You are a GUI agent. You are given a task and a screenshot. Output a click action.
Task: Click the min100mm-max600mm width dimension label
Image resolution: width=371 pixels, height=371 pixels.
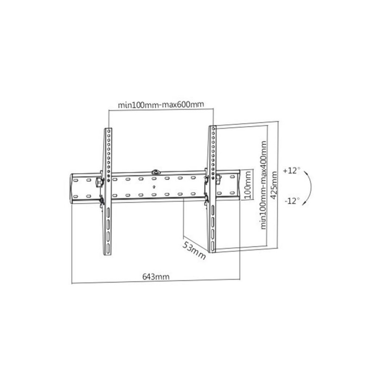(161, 104)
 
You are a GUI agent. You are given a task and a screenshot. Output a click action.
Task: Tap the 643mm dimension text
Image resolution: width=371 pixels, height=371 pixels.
(156, 276)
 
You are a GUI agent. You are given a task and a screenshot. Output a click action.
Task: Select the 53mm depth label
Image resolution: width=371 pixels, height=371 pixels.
(194, 250)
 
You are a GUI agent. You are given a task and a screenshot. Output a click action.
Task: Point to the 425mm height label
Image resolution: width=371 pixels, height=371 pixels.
(274, 185)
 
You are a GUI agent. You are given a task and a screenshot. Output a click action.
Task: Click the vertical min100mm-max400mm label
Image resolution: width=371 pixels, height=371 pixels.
(263, 185)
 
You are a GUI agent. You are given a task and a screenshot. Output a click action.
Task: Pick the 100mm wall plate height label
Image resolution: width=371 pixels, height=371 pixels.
(248, 185)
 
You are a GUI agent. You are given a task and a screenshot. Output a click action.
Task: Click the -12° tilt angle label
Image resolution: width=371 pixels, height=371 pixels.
(292, 201)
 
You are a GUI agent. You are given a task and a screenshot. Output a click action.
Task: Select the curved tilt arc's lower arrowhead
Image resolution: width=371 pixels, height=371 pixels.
(304, 203)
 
